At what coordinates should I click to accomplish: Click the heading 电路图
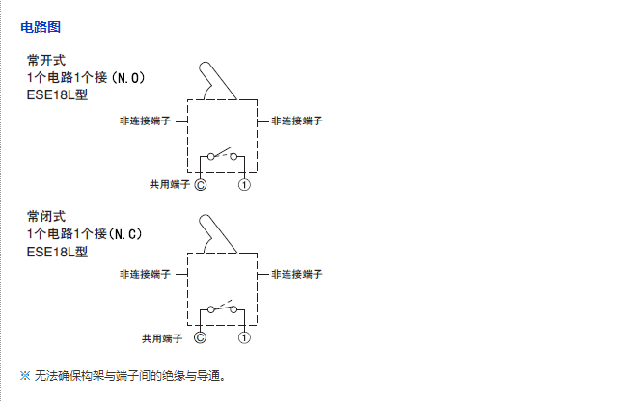point(41,27)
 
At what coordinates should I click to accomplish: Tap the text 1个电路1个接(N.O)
point(87,77)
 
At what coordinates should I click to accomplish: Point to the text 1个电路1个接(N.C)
point(85,233)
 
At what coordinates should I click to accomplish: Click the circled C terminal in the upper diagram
point(201,183)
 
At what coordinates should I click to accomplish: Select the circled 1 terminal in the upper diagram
point(245,183)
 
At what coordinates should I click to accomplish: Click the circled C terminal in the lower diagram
point(201,337)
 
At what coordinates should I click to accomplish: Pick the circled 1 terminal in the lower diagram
point(245,337)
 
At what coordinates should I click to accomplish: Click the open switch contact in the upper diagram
point(223,154)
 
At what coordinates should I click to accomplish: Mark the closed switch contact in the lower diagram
point(223,308)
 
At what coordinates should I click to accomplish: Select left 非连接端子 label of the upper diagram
point(145,122)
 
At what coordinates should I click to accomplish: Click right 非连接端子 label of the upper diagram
point(296,121)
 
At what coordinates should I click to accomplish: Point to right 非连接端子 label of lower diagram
point(296,275)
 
